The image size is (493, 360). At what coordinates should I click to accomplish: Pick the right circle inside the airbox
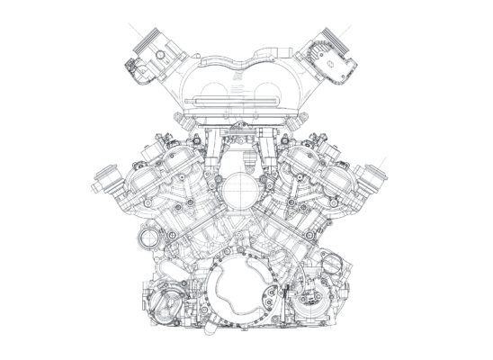coord(274,92)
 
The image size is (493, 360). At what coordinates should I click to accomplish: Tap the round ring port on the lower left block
coord(148,239)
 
